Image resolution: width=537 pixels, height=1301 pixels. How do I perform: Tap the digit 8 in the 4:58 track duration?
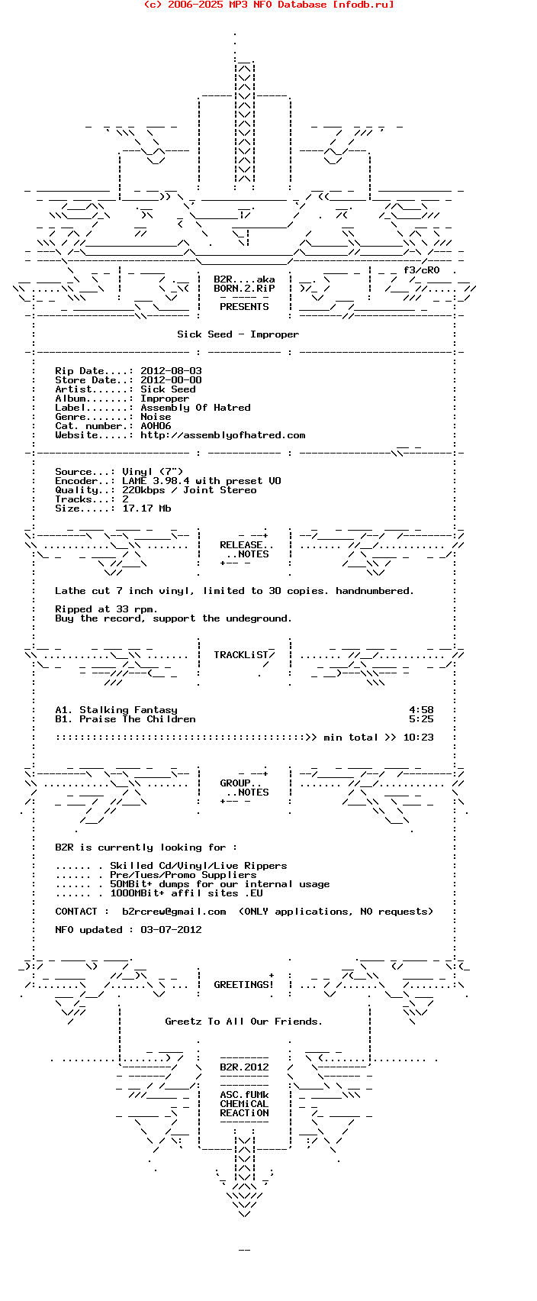point(431,710)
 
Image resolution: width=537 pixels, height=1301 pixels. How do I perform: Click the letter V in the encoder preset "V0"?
point(272,481)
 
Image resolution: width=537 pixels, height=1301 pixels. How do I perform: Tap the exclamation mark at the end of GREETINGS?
point(271,984)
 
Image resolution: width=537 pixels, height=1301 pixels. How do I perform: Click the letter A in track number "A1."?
point(58,710)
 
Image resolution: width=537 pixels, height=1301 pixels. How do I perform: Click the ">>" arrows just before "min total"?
point(311,738)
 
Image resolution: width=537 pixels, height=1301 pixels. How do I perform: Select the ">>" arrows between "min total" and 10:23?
point(391,738)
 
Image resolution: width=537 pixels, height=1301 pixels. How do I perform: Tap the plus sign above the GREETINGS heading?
point(272,975)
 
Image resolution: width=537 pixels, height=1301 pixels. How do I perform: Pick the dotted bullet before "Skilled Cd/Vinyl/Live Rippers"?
point(79,867)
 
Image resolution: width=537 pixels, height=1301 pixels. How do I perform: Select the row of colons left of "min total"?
point(180,738)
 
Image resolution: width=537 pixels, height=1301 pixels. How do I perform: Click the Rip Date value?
point(172,371)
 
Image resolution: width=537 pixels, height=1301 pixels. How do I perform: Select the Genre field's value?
point(156,417)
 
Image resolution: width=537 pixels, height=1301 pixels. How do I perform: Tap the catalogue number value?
point(156,426)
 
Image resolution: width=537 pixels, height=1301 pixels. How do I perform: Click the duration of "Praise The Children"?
point(422,719)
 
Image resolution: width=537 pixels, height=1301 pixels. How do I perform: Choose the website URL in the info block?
point(223,436)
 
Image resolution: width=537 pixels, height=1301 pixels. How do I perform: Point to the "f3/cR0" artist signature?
point(422,270)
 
